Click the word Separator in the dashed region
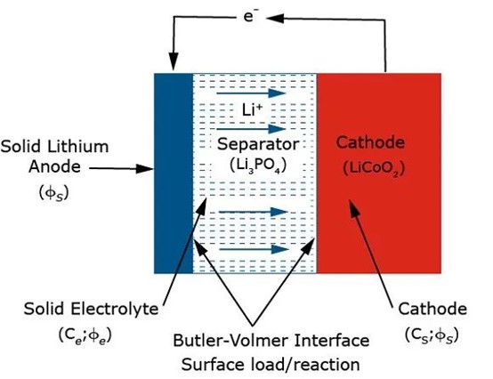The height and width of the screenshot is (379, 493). tap(255, 143)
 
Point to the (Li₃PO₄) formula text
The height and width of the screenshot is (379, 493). tap(255, 165)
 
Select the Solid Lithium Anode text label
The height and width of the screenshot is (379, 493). tap(44, 155)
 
